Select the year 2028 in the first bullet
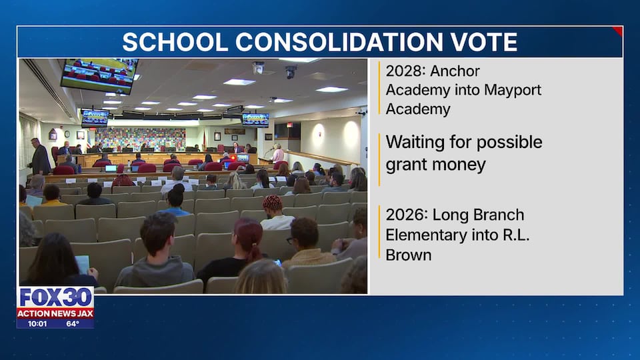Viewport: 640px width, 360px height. (405, 71)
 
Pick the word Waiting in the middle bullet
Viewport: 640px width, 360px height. (415, 143)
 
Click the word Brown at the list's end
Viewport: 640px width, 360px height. (409, 255)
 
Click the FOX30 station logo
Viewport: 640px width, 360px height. (55, 297)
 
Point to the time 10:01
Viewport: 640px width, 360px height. (37, 324)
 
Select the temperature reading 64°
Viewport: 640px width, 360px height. (73, 324)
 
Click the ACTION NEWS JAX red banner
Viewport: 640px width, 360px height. (55, 313)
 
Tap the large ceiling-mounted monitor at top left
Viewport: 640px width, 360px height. (99, 75)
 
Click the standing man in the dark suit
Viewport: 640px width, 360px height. (40, 157)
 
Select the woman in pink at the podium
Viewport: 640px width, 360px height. (278, 153)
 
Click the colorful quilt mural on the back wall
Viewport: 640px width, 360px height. (140, 139)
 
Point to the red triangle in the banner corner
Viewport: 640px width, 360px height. (619, 30)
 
